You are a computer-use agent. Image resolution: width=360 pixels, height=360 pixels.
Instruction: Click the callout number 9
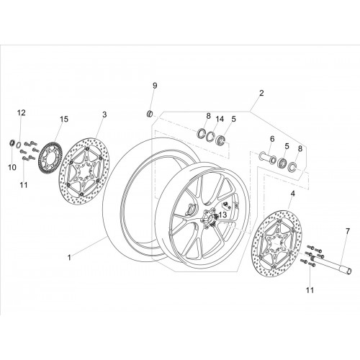pos(155,86)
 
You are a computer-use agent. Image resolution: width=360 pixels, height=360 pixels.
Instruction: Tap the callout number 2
pos(261,93)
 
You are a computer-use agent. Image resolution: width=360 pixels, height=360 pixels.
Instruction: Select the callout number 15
pos(64,119)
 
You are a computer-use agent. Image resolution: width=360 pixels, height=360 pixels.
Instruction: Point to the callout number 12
pos(21,112)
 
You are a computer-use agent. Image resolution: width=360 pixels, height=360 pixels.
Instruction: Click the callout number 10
pos(12,167)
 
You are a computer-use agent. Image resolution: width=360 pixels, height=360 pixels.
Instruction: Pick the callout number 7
pos(348,231)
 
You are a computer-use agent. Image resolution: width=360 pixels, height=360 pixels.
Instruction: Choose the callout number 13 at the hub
pos(222,215)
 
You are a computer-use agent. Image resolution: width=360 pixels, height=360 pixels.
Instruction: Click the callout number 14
pos(220,119)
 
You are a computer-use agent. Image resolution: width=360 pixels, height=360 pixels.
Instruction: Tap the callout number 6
pos(272,139)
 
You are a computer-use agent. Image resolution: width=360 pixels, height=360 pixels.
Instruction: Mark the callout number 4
pos(292,194)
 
